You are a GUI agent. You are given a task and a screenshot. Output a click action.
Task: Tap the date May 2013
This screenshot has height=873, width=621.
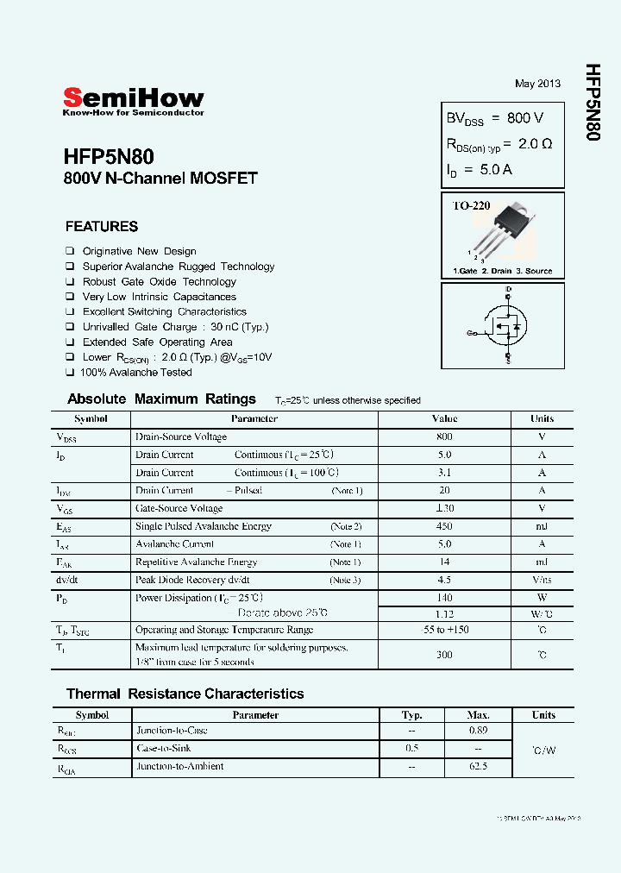click(x=537, y=84)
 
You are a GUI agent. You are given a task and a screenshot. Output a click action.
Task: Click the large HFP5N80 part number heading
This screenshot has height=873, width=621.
click(x=109, y=157)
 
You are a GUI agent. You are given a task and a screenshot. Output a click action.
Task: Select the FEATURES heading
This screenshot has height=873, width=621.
click(x=102, y=227)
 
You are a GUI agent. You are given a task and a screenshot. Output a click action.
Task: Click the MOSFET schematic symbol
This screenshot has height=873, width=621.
click(x=504, y=326)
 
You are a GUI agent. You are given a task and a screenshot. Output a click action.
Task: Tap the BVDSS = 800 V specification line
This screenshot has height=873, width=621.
click(x=494, y=118)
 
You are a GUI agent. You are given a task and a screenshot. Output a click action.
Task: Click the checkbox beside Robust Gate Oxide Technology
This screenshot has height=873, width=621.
click(x=70, y=282)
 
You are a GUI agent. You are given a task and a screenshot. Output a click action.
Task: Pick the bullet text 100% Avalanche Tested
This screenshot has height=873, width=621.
click(x=135, y=373)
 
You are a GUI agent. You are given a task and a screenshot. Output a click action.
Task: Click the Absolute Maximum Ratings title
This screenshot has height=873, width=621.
click(x=161, y=399)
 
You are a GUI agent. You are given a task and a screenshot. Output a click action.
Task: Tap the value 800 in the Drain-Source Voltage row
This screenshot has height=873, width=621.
click(x=444, y=436)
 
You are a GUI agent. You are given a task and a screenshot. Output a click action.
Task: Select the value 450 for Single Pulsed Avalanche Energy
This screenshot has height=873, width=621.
click(x=444, y=526)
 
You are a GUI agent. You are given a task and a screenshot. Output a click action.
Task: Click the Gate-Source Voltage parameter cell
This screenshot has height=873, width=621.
click(x=179, y=508)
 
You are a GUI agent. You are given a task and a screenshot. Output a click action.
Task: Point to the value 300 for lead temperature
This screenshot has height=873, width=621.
click(x=444, y=655)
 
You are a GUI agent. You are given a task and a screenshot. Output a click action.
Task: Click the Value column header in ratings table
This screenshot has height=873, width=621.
click(x=444, y=418)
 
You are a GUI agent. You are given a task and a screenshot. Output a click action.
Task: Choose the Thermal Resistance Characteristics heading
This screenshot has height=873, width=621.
click(x=185, y=694)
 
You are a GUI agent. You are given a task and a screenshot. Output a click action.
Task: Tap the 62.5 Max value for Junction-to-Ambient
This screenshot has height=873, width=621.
click(x=478, y=766)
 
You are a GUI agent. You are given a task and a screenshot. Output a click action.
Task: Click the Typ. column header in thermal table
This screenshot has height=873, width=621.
click(x=412, y=715)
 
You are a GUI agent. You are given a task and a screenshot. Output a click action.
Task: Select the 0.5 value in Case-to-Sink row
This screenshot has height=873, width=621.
click(x=412, y=749)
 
